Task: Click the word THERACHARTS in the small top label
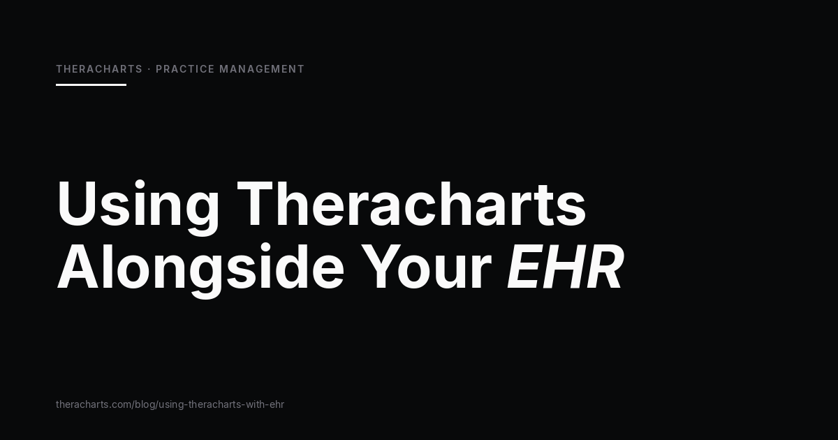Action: click(x=99, y=69)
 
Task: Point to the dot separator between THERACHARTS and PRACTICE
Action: click(x=149, y=69)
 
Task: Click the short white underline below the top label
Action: click(x=91, y=85)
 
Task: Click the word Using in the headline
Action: click(x=138, y=207)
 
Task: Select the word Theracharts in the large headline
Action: click(x=411, y=204)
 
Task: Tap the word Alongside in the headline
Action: click(x=200, y=270)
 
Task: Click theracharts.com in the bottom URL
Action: click(x=94, y=404)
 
